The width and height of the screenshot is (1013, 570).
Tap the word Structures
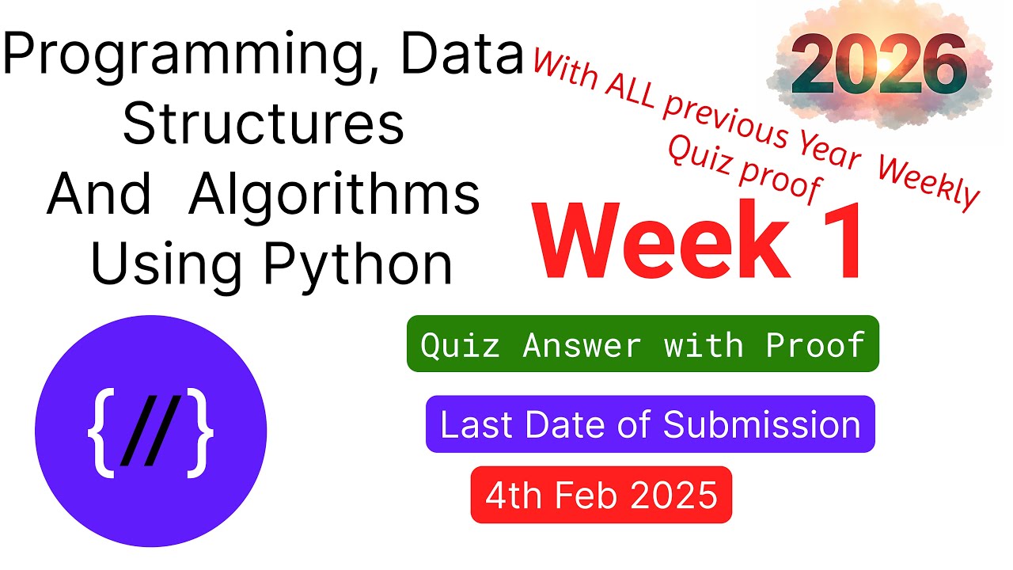[x=264, y=124]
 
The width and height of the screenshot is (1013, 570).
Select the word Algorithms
[x=334, y=195]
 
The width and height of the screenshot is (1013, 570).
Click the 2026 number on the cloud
[x=878, y=67]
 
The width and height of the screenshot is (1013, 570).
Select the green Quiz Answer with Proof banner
[x=642, y=344]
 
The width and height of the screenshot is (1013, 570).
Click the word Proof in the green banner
[x=814, y=344]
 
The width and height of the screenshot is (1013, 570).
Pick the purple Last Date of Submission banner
[x=650, y=424]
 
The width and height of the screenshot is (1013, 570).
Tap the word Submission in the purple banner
[x=761, y=424]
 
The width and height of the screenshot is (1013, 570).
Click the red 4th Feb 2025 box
[x=601, y=496]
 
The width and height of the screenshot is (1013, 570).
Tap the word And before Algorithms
[x=98, y=195]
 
